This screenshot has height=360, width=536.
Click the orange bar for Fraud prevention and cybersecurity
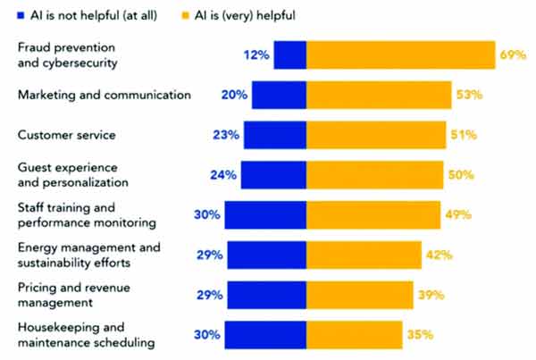[x=400, y=54]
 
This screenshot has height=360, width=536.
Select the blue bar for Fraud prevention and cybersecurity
[x=289, y=54]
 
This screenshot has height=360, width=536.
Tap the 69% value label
[x=512, y=55]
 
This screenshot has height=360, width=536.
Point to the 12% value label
[x=255, y=55]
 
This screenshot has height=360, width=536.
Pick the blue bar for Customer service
[x=274, y=135]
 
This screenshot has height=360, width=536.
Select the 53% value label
[x=469, y=95]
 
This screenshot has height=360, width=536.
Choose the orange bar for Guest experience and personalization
[x=374, y=175]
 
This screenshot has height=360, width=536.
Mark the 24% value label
[x=223, y=175]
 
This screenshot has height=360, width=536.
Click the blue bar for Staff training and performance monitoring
[x=265, y=215]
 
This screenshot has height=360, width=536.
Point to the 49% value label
[x=458, y=215]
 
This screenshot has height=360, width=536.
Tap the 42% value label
[x=440, y=255]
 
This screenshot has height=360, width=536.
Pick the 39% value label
[x=431, y=295]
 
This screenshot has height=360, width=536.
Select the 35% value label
[x=420, y=335]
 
